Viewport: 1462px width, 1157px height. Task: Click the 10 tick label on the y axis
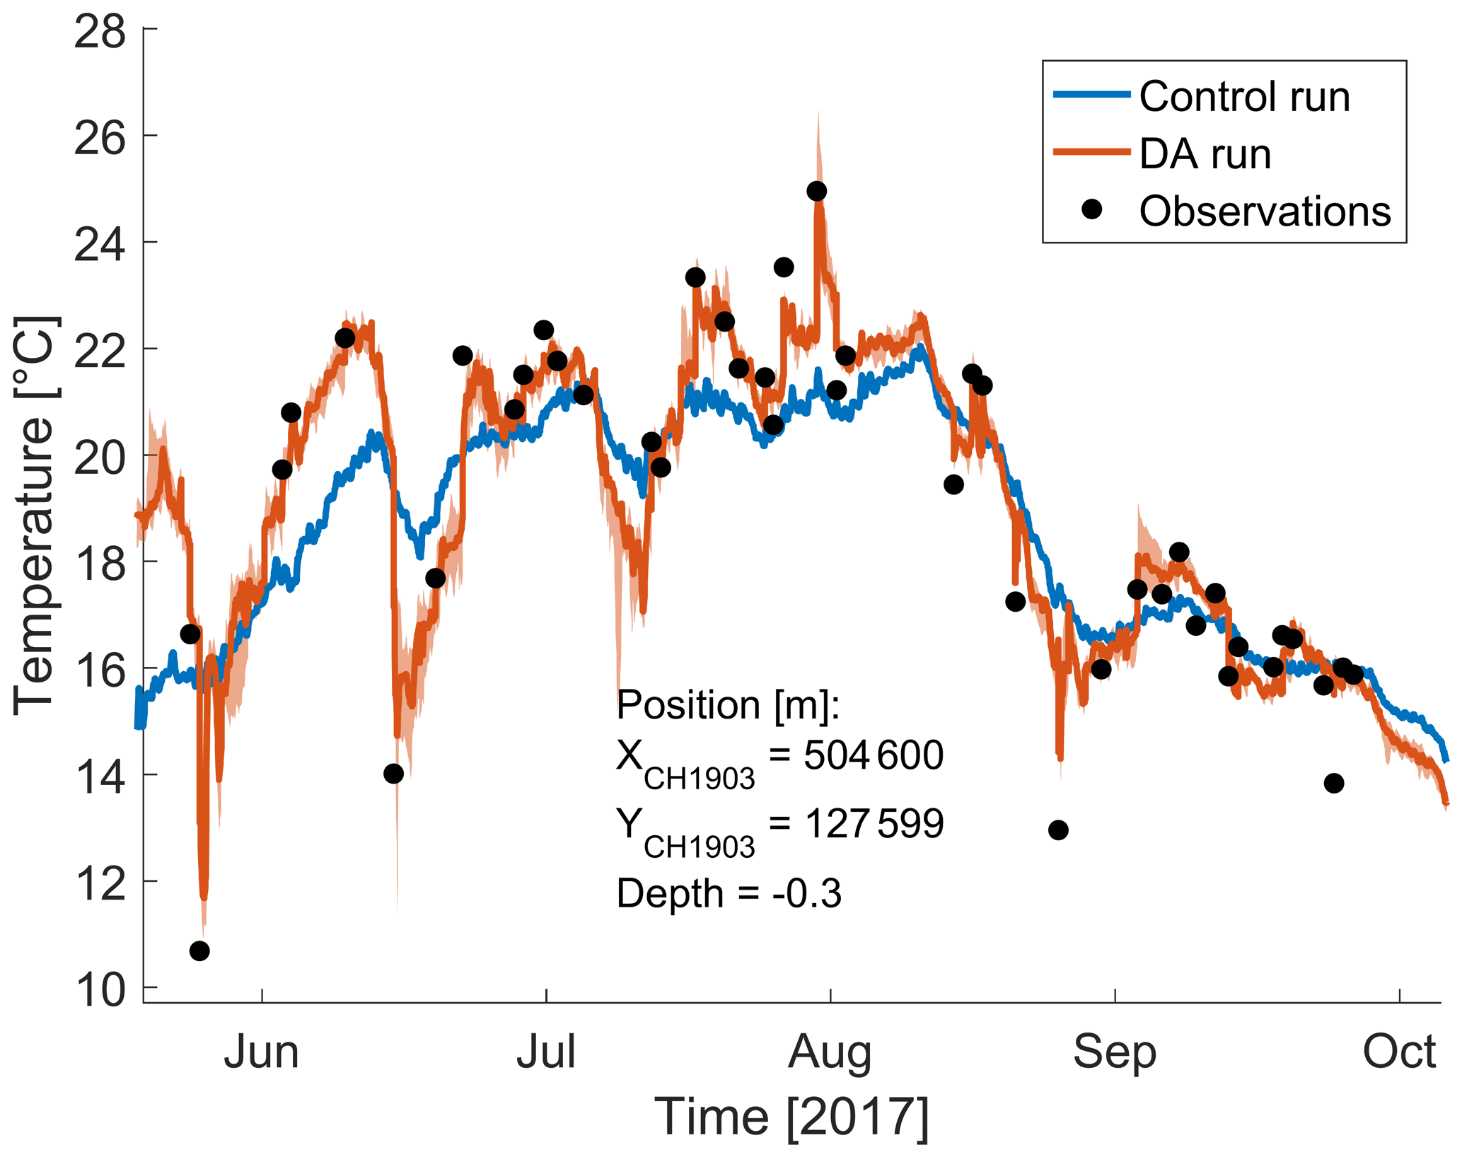click(100, 991)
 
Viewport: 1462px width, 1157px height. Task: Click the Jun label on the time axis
click(262, 1052)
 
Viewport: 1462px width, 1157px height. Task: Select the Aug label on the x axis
click(830, 1052)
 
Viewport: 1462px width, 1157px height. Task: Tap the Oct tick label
click(1399, 1052)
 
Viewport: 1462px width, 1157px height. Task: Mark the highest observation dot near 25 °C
click(817, 191)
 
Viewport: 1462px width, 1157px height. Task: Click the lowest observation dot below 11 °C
click(199, 951)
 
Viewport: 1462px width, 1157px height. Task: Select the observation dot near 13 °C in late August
click(1058, 830)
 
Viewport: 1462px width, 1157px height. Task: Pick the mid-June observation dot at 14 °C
click(393, 774)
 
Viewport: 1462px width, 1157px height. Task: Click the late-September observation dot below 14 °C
click(1334, 783)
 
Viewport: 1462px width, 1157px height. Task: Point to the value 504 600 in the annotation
click(873, 755)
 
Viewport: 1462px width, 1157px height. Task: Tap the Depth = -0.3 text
click(729, 893)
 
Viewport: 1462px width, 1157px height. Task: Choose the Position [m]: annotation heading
click(728, 705)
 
